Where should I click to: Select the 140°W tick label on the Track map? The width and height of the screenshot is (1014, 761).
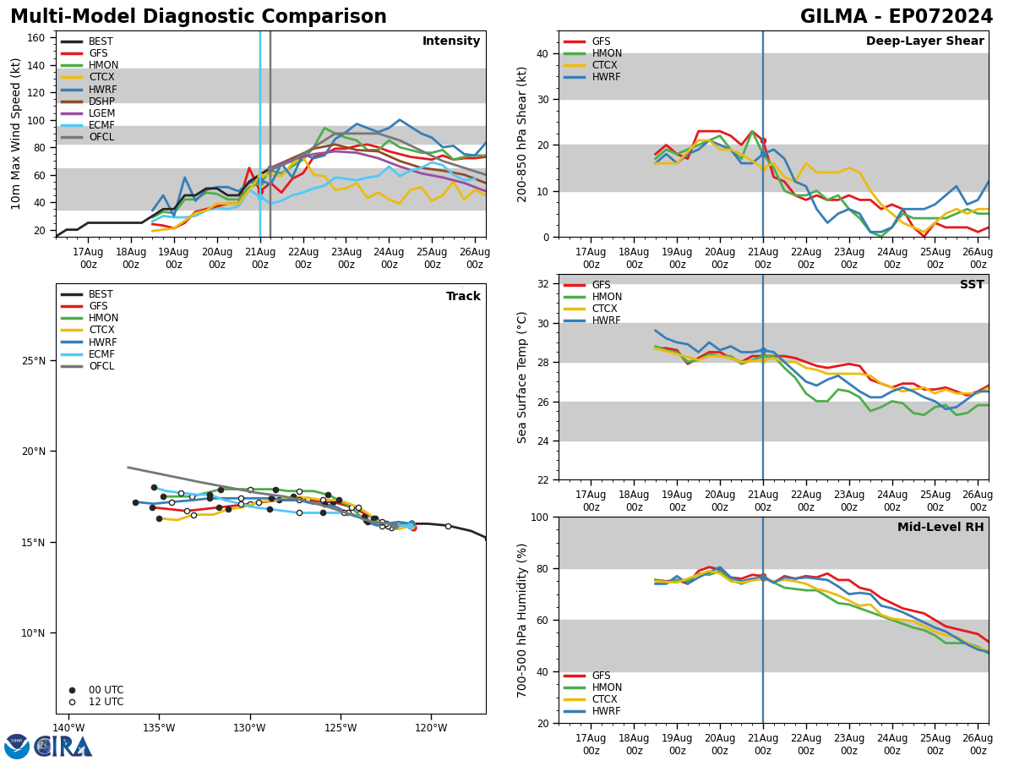coord(68,728)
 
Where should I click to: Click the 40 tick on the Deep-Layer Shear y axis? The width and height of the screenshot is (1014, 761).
coord(543,53)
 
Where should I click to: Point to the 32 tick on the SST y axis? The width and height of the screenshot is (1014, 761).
coord(543,284)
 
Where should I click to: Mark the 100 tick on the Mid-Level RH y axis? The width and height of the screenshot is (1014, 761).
coord(540,517)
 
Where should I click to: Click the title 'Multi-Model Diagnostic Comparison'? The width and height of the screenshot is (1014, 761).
coord(199,17)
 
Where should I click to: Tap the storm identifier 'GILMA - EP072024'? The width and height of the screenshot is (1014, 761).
coord(897,17)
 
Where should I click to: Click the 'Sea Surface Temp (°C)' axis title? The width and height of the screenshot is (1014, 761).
coord(523,377)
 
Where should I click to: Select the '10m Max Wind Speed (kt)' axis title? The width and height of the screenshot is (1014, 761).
coord(17,134)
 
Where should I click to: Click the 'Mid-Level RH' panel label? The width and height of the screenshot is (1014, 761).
coord(940,528)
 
